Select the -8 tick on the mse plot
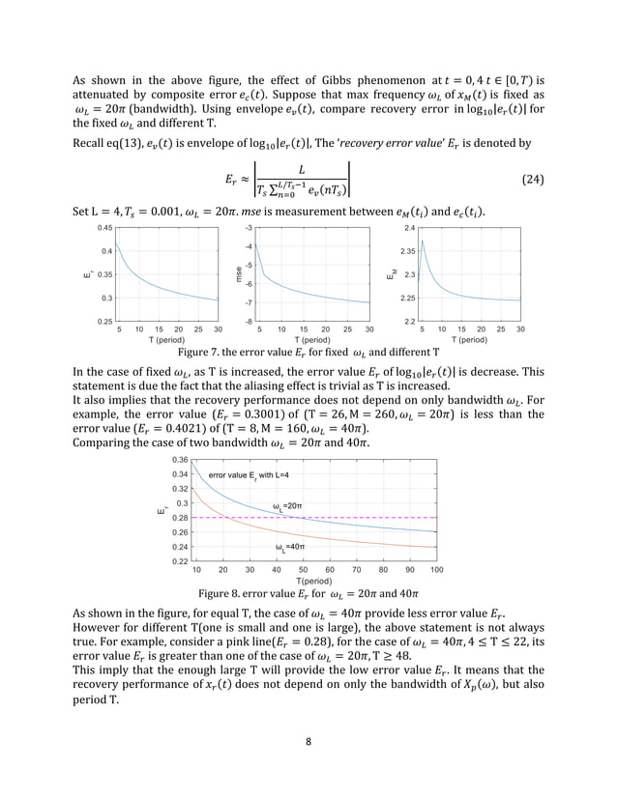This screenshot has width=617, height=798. tap(250, 321)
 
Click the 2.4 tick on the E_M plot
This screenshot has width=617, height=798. tap(408, 228)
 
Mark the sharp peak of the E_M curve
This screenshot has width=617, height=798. tap(424, 240)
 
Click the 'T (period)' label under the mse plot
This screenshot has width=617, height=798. tap(313, 340)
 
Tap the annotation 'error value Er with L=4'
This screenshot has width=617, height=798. tap(249, 475)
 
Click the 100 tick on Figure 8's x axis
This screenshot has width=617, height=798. tap(436, 571)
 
